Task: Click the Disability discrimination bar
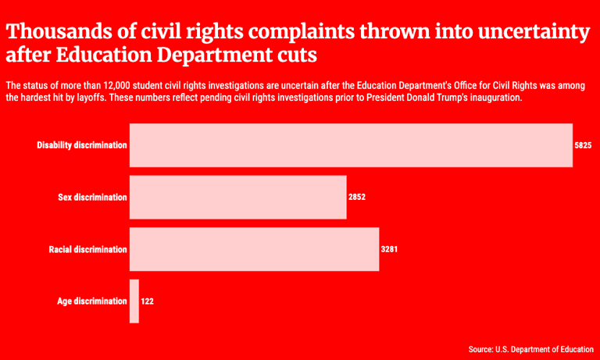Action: click(351, 145)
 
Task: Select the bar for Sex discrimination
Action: click(237, 197)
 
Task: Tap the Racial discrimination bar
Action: click(254, 249)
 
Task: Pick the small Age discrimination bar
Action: click(134, 301)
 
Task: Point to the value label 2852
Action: click(357, 198)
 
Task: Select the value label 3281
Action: click(390, 250)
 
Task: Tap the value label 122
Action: click(148, 301)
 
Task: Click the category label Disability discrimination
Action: click(82, 145)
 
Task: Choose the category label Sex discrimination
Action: click(92, 198)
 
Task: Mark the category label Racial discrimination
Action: click(87, 250)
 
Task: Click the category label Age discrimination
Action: click(92, 301)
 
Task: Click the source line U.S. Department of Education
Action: click(530, 349)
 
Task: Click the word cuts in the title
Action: click(298, 57)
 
